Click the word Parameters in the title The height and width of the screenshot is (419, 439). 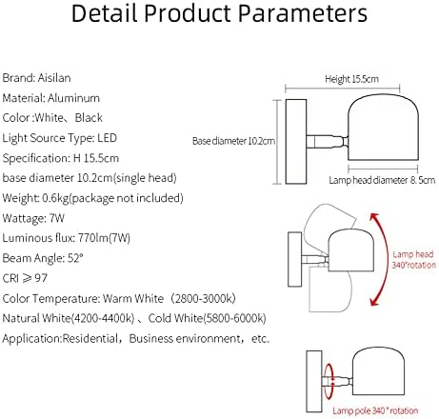click(303, 13)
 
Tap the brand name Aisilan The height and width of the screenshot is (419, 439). click(54, 78)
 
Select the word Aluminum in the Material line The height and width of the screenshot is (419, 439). click(73, 98)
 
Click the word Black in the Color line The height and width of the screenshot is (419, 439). click(89, 118)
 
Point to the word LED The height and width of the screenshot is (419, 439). click(107, 138)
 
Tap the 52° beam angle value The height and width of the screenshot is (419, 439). click(75, 258)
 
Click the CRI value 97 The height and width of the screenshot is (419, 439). click(41, 278)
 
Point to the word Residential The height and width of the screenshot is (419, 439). click(90, 339)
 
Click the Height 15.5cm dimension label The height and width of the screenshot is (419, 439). click(351, 79)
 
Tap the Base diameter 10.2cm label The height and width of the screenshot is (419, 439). click(233, 141)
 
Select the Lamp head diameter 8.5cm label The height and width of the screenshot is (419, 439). click(382, 180)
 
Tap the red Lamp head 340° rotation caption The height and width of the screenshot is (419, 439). click(413, 259)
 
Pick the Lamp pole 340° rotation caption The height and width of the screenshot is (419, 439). click(375, 410)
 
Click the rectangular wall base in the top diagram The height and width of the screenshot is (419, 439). click(296, 142)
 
